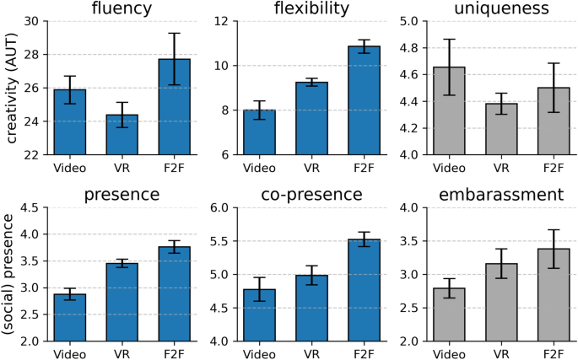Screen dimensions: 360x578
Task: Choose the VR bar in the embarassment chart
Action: (503, 302)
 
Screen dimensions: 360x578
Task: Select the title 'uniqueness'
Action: (504, 9)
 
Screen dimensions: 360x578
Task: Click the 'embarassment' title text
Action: (504, 196)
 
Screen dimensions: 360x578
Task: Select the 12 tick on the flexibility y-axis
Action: (224, 21)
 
